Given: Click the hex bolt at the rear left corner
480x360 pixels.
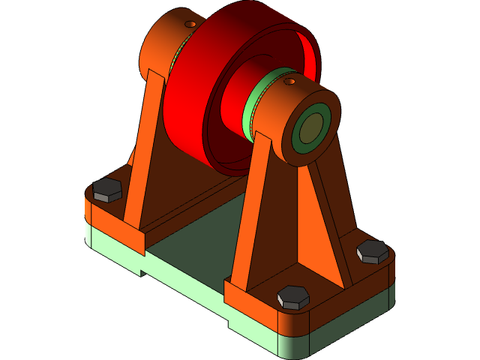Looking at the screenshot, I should (x=107, y=190).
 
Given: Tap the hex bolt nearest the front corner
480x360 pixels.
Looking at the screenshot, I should (x=292, y=297).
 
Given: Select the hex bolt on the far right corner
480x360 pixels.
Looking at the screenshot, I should (x=372, y=251).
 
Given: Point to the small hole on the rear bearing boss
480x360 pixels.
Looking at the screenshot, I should (x=190, y=24).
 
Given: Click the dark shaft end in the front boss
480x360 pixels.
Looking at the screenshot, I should (x=309, y=130).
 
